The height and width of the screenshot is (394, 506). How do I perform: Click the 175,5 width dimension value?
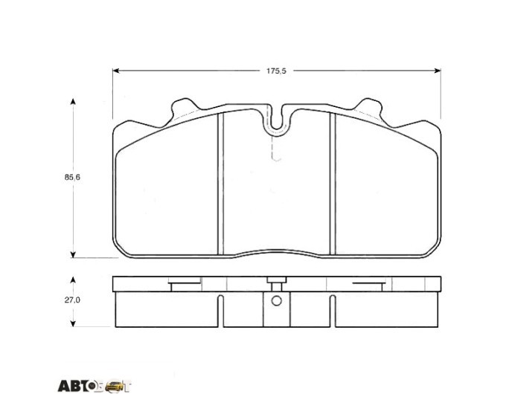coord(276,71)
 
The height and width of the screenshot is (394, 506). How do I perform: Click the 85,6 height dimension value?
coord(72,178)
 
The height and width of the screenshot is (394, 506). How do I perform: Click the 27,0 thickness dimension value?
coord(72,300)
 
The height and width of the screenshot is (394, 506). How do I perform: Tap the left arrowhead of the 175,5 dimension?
coord(116,71)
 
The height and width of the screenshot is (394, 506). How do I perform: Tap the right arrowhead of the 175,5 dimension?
coord(438,71)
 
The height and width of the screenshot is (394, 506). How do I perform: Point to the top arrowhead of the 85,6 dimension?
coord(73,102)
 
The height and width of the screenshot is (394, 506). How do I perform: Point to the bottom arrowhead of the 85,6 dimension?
coord(73,254)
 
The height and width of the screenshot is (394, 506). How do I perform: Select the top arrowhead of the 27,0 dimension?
coord(73,280)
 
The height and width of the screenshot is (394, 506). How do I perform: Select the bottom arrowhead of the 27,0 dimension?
coord(73,323)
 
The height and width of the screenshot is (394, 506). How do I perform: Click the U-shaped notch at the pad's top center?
coord(277,127)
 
